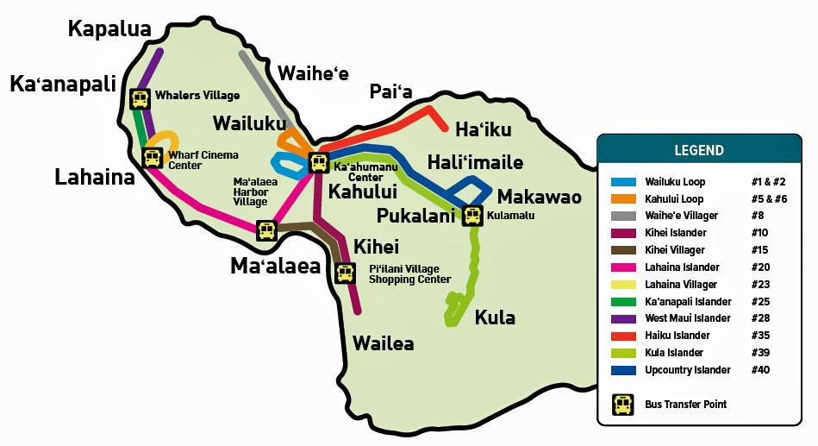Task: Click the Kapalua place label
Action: (x=109, y=28)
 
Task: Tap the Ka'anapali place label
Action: (x=62, y=85)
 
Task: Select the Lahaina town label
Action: (x=95, y=178)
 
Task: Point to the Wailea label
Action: (x=383, y=343)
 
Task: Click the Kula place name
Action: (x=495, y=317)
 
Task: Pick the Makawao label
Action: (x=540, y=196)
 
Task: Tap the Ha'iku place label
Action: (x=483, y=129)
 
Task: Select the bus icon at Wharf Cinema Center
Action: (x=153, y=158)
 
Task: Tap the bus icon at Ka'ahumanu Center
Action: (x=318, y=162)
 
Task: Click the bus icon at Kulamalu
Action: (x=472, y=216)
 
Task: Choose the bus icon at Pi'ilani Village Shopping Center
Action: (x=345, y=273)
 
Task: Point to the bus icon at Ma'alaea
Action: (x=266, y=230)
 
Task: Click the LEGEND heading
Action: (x=699, y=150)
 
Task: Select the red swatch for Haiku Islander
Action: (x=623, y=336)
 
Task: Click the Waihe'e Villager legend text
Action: (x=681, y=216)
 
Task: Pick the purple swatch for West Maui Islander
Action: (x=623, y=318)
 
